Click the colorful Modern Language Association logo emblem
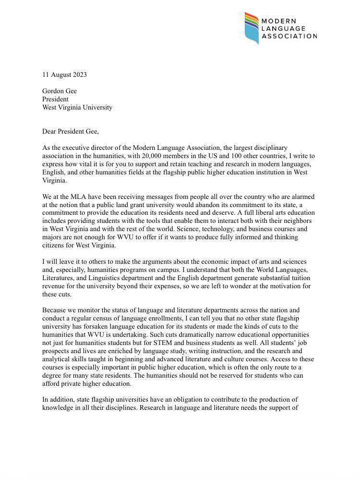[252, 28]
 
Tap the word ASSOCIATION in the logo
[288, 36]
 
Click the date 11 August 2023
[64, 74]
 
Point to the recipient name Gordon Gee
[60, 91]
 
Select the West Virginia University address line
[77, 107]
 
